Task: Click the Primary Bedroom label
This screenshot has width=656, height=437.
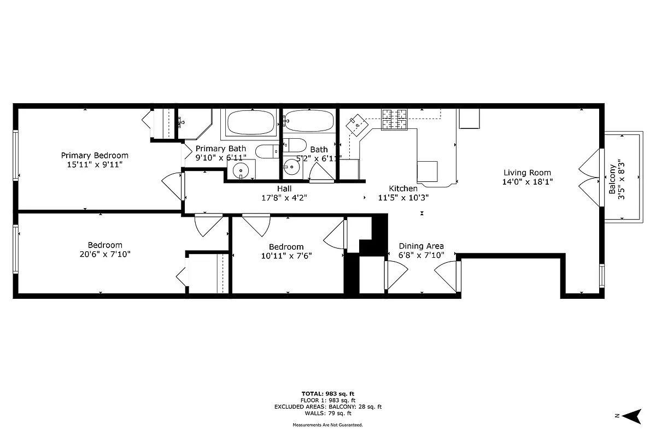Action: point(95,155)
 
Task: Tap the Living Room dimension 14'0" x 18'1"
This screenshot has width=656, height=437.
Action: point(528,182)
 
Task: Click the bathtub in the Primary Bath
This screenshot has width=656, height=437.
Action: point(251,122)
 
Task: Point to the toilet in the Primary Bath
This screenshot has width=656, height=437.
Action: point(267,151)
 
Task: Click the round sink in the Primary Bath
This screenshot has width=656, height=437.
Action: point(241,170)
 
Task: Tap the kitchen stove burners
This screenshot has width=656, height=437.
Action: point(395,120)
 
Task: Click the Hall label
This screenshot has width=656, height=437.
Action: point(284,188)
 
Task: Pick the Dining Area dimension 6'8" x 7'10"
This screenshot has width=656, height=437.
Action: point(421,255)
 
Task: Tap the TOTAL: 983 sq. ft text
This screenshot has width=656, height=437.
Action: point(328,393)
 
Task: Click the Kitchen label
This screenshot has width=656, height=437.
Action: point(403,188)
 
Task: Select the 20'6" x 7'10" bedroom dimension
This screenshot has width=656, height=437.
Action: point(105,254)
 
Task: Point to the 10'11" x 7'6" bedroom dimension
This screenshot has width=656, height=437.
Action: point(286,256)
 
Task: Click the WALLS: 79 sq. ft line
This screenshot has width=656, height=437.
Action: point(328,413)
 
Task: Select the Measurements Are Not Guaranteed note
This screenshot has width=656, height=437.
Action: point(328,424)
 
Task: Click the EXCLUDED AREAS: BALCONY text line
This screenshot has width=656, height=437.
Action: point(328,406)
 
